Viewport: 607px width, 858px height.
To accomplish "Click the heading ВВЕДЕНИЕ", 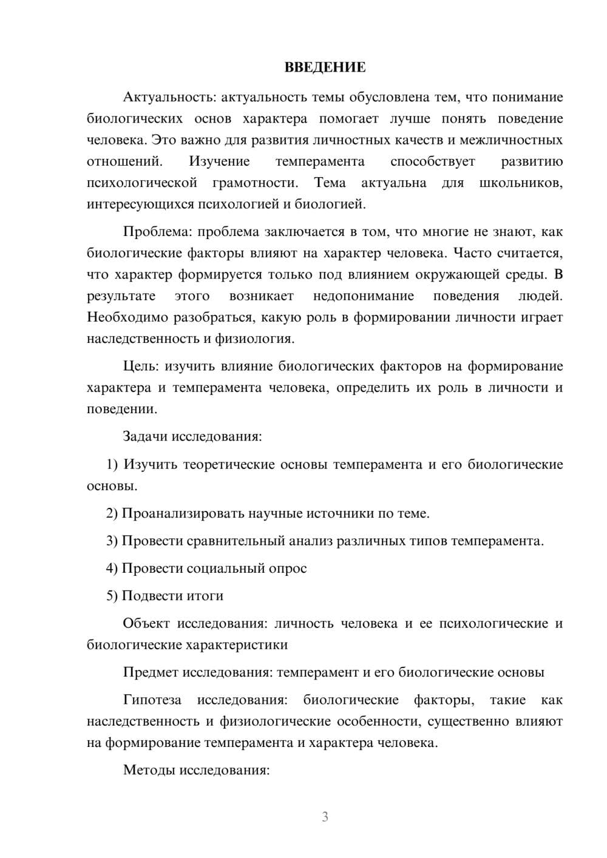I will click(x=325, y=67).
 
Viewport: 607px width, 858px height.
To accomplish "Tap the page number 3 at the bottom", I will click(x=325, y=817).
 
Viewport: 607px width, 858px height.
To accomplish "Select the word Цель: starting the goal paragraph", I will click(x=141, y=366).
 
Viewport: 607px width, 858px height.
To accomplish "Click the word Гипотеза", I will click(x=152, y=700).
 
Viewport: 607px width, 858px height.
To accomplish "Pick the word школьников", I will click(x=521, y=183).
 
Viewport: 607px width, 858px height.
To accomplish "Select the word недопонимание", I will click(x=364, y=296).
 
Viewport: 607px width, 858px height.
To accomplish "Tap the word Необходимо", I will click(x=127, y=317).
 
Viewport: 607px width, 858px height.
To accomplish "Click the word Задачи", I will click(x=146, y=436).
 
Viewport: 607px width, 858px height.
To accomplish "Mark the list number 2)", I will click(x=112, y=513).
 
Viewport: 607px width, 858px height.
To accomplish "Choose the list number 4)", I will click(x=112, y=569).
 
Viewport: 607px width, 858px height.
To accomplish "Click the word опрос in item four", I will click(x=288, y=569).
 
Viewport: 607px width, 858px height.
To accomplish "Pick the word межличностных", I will click(x=511, y=140).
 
